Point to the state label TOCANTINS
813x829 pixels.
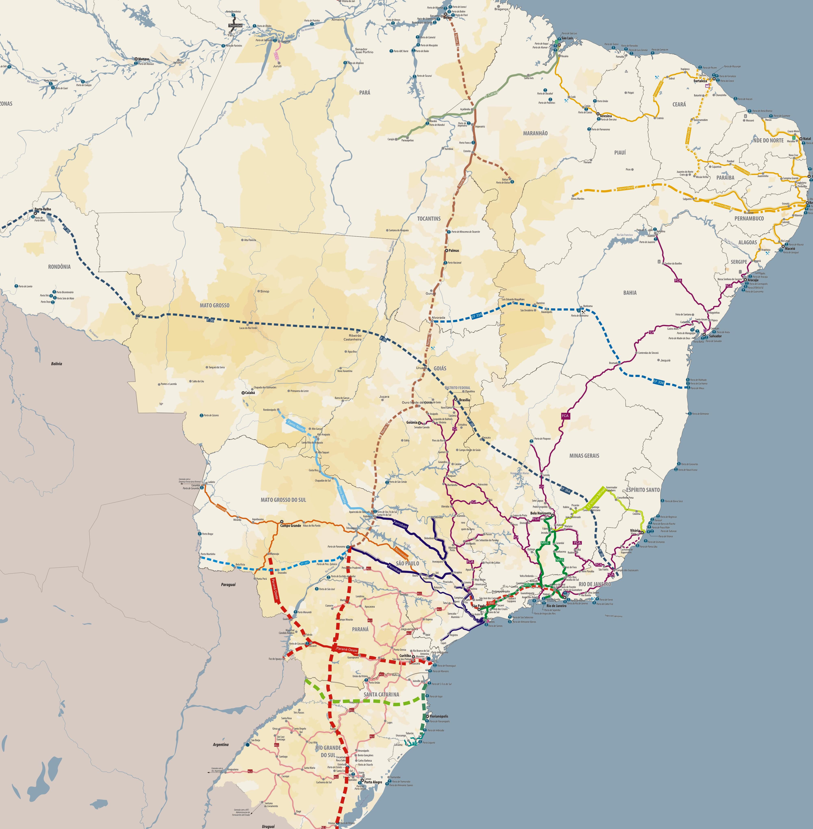coord(429,218)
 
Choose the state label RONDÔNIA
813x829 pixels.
coord(59,267)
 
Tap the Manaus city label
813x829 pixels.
coord(144,59)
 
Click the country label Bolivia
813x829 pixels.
coord(56,364)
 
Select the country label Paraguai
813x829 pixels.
coord(228,585)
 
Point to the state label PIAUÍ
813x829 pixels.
coord(620,152)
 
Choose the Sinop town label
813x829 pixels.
coord(265,291)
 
